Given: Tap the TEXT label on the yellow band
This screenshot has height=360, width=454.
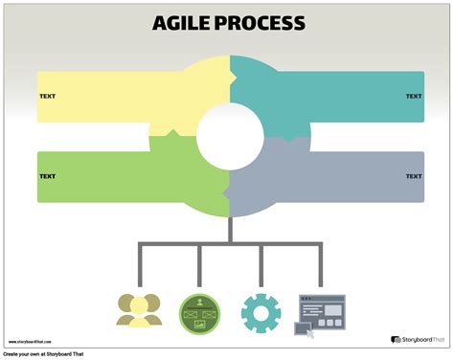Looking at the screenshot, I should (x=47, y=97).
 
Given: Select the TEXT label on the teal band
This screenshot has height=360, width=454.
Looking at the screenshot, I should (x=414, y=97).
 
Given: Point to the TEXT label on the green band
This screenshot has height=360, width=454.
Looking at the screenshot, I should (x=47, y=176).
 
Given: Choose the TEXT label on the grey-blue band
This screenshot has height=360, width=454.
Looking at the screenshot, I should (x=414, y=176).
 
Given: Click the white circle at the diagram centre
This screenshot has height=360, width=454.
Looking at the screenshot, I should (x=229, y=135).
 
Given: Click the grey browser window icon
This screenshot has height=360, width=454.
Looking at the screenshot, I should (x=319, y=309).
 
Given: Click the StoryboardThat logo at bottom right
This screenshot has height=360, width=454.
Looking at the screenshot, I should (x=417, y=339).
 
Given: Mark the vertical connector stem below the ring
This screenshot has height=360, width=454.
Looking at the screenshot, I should (x=230, y=230).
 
